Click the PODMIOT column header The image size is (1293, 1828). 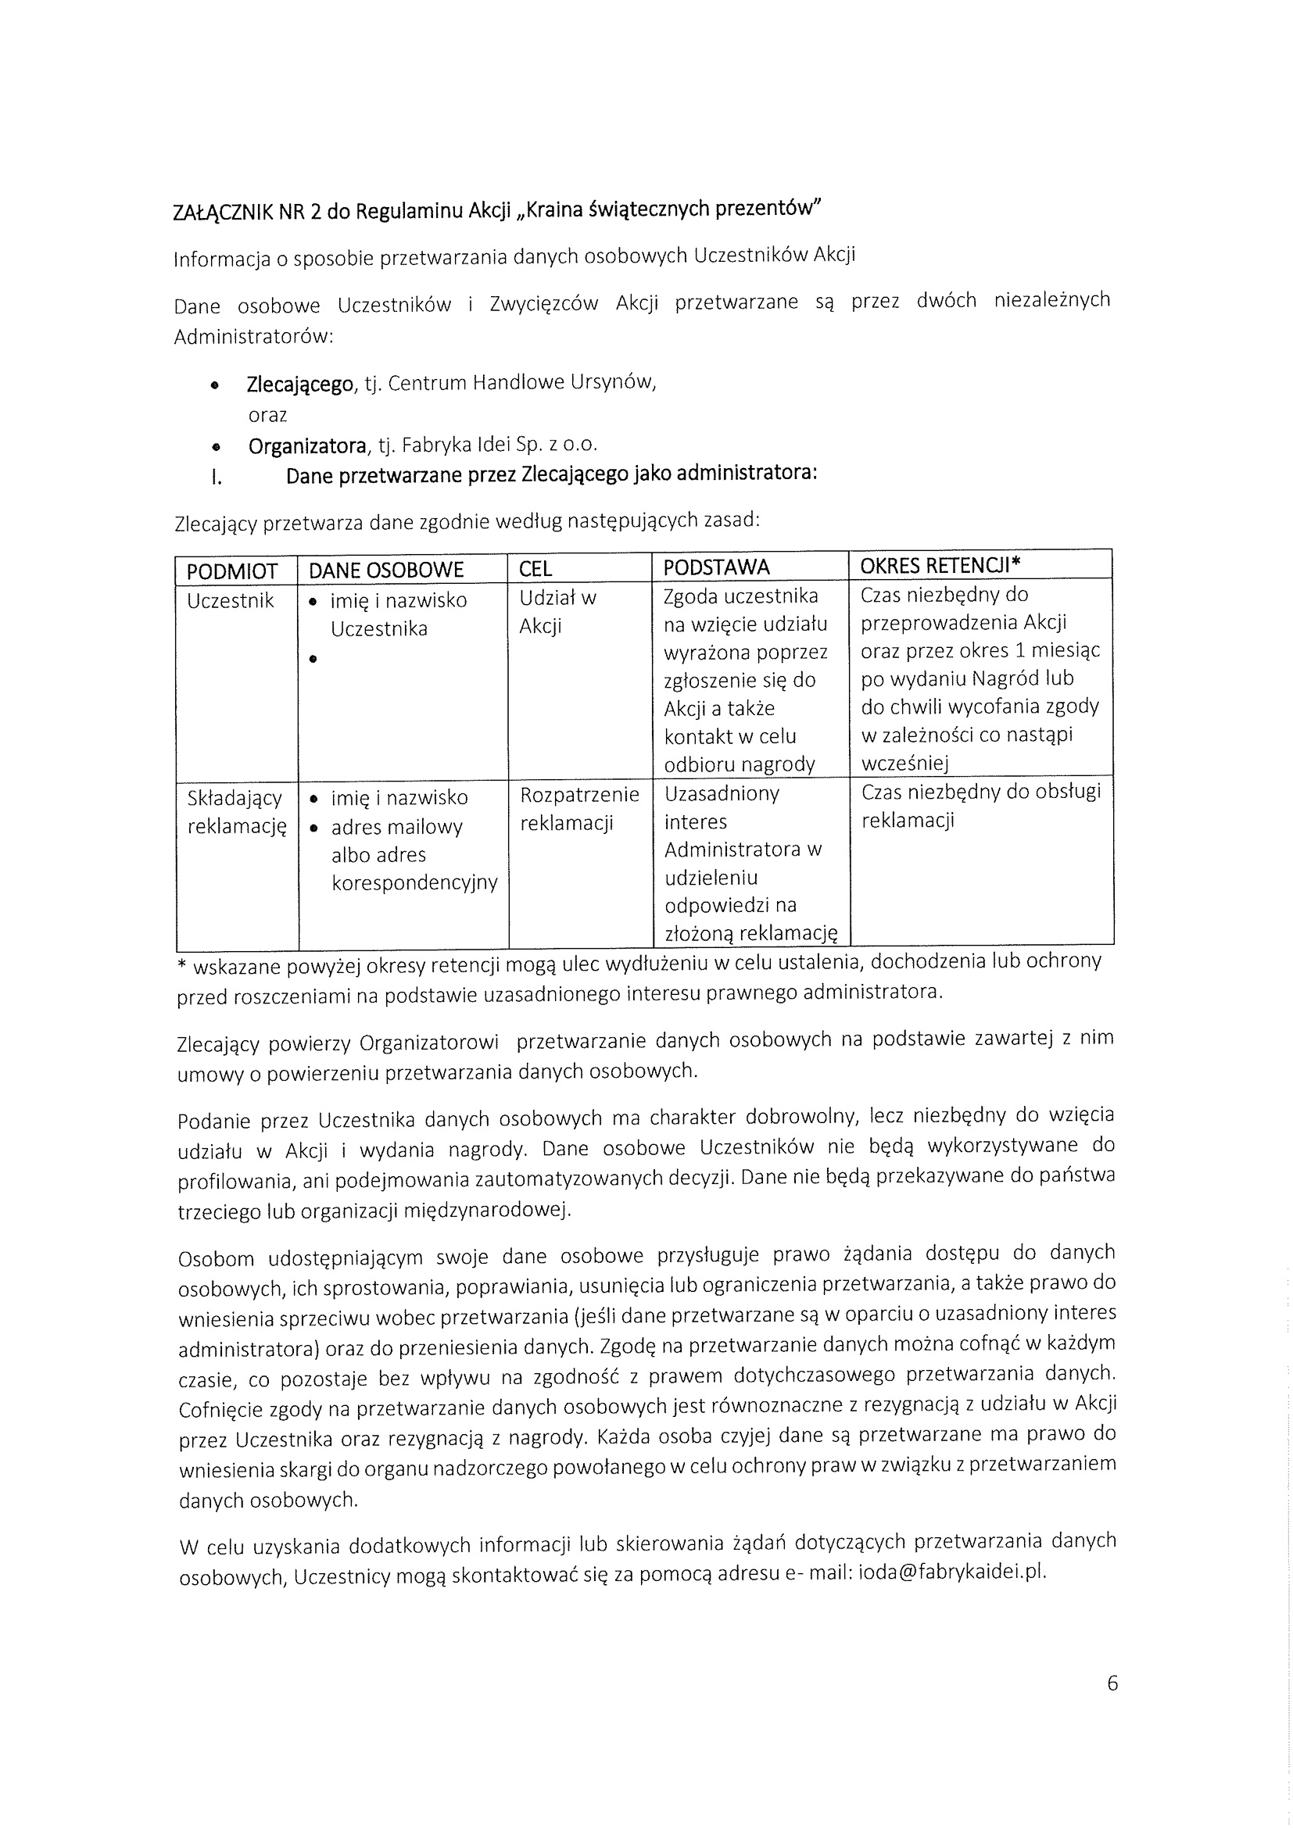pyautogui.click(x=231, y=571)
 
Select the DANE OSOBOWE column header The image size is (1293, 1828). pyautogui.click(x=386, y=570)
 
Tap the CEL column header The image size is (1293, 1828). pyautogui.click(x=535, y=569)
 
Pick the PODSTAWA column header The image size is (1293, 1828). pyautogui.click(x=717, y=567)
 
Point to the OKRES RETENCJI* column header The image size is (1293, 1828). pyautogui.click(x=940, y=565)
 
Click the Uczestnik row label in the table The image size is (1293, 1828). pyautogui.click(x=230, y=600)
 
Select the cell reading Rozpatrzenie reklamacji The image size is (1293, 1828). pyautogui.click(x=578, y=808)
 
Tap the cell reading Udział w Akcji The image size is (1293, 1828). pyautogui.click(x=557, y=612)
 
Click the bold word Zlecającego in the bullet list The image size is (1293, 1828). pyautogui.click(x=299, y=385)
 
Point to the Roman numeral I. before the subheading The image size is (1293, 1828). pyautogui.click(x=216, y=478)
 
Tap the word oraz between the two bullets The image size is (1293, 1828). pyautogui.click(x=267, y=416)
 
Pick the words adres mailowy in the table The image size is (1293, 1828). pyautogui.click(x=396, y=827)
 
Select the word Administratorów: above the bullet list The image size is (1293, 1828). pyautogui.click(x=253, y=337)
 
